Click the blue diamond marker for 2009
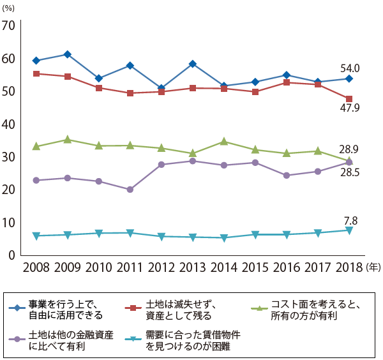[68, 54]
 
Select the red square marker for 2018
[349, 99]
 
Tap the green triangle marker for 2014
[223, 141]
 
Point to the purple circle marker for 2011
[130, 190]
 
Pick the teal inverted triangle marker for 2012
[161, 237]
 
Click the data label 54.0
[350, 68]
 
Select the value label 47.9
[350, 110]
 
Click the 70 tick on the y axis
[9, 26]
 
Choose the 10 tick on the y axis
[9, 223]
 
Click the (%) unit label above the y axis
[10, 8]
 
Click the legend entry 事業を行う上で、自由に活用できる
[64, 310]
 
